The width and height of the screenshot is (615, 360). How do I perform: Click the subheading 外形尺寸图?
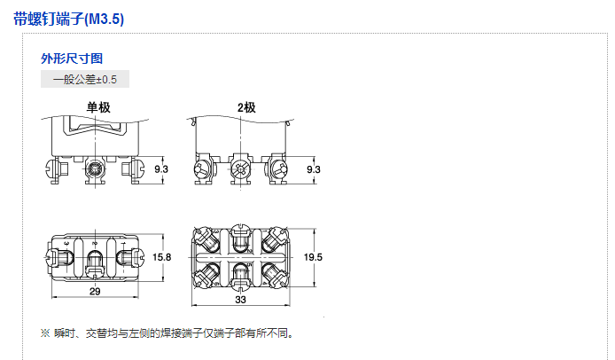point(72,59)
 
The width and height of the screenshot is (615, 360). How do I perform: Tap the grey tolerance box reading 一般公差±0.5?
point(85,79)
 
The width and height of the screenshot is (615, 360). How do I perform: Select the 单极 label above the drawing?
point(97,108)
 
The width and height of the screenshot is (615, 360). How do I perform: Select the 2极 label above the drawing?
point(245,108)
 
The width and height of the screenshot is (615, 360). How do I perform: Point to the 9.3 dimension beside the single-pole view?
point(161,168)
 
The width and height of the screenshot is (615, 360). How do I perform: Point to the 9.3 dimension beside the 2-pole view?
point(313,168)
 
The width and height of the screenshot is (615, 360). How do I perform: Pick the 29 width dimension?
point(94,291)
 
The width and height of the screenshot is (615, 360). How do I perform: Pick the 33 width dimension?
point(240,300)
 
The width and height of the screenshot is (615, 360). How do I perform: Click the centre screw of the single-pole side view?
point(94,167)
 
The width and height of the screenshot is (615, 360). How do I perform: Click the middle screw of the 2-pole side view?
point(240,166)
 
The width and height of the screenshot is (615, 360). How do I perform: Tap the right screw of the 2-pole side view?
point(276,167)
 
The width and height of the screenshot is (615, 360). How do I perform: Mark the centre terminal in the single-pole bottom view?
point(94,260)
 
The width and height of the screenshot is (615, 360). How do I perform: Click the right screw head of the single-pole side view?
point(135,166)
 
